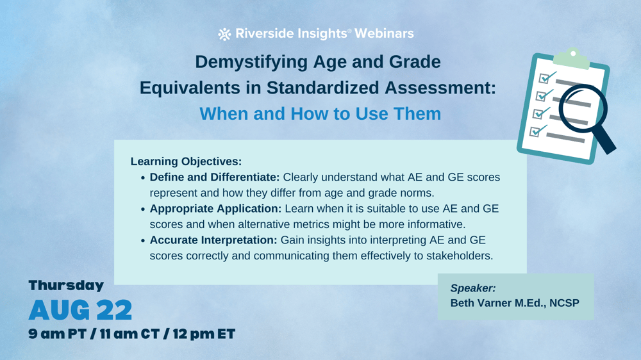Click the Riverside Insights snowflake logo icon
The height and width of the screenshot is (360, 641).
pyautogui.click(x=224, y=34)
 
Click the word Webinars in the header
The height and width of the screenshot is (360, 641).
pyautogui.click(x=384, y=34)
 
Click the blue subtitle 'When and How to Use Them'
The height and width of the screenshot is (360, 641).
pyautogui.click(x=320, y=114)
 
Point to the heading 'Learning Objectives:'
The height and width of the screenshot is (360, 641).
pyautogui.click(x=186, y=161)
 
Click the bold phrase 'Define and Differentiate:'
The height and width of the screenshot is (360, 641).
pyautogui.click(x=215, y=177)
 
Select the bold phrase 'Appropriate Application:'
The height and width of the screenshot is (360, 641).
pyautogui.click(x=215, y=209)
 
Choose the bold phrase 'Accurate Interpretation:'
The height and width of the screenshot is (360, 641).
pyautogui.click(x=213, y=240)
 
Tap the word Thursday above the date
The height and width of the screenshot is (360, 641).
pyautogui.click(x=66, y=286)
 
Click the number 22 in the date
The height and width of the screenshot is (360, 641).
pyautogui.click(x=114, y=311)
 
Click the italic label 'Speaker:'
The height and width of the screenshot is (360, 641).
pyautogui.click(x=473, y=288)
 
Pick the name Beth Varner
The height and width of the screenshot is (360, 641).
pyautogui.click(x=481, y=303)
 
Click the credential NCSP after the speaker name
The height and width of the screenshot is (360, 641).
pyautogui.click(x=563, y=303)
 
